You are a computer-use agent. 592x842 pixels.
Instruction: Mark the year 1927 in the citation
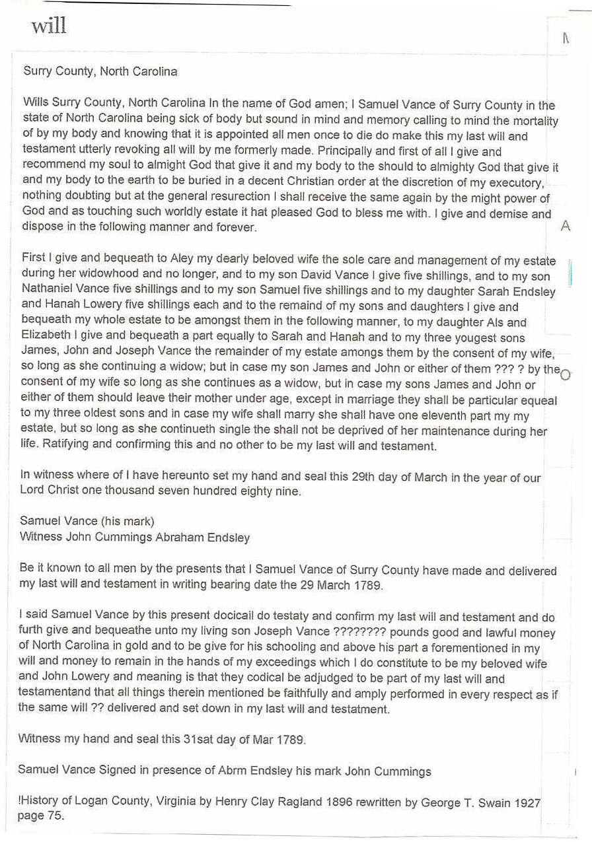527,803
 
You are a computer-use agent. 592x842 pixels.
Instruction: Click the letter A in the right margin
566,227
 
